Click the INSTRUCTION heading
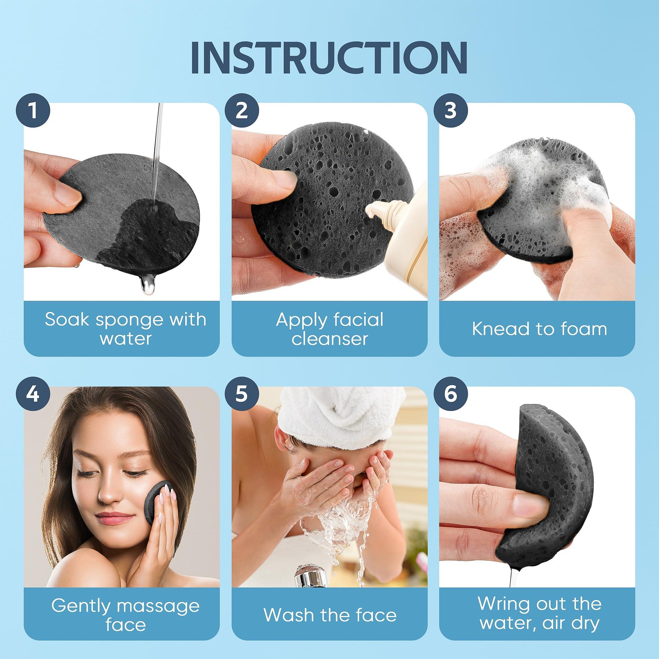tap(329, 58)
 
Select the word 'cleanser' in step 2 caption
tap(329, 339)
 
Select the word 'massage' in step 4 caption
tap(158, 606)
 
